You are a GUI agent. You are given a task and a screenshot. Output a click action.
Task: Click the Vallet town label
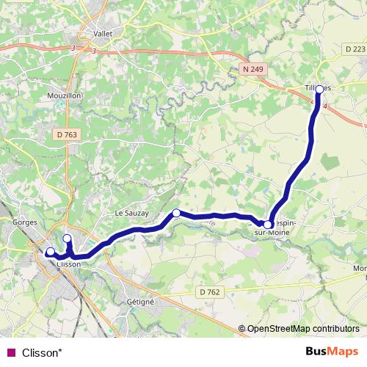pyautogui.click(x=103, y=33)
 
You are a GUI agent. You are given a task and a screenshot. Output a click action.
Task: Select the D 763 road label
pyautogui.click(x=65, y=134)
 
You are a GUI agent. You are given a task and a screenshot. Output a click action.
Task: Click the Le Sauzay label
pyautogui.click(x=131, y=213)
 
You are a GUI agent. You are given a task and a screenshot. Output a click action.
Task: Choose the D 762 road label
pyautogui.click(x=209, y=291)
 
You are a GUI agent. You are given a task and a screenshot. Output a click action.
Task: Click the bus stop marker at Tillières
pyautogui.click(x=319, y=90)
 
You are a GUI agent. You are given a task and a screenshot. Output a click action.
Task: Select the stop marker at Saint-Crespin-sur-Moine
pyautogui.click(x=268, y=225)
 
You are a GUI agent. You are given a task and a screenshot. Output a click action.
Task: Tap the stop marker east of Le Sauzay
pyautogui.click(x=176, y=213)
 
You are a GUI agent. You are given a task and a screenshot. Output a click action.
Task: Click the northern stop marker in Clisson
pyautogui.click(x=67, y=239)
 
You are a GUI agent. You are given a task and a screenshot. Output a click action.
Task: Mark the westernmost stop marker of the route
pyautogui.click(x=50, y=252)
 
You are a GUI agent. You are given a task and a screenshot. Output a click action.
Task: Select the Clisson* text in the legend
pyautogui.click(x=42, y=353)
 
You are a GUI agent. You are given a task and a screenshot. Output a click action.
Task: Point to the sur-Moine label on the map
pyautogui.click(x=272, y=233)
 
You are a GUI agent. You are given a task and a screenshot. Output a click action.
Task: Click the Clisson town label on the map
pyautogui.click(x=68, y=264)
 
